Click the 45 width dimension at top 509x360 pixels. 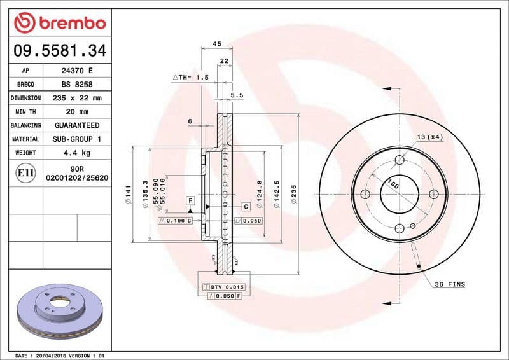(x=216, y=44)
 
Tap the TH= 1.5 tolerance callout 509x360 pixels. (x=191, y=77)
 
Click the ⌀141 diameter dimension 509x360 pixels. (x=128, y=195)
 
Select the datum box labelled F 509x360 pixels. (x=190, y=201)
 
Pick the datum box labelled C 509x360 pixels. (x=245, y=207)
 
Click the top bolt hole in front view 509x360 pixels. (x=400, y=160)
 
